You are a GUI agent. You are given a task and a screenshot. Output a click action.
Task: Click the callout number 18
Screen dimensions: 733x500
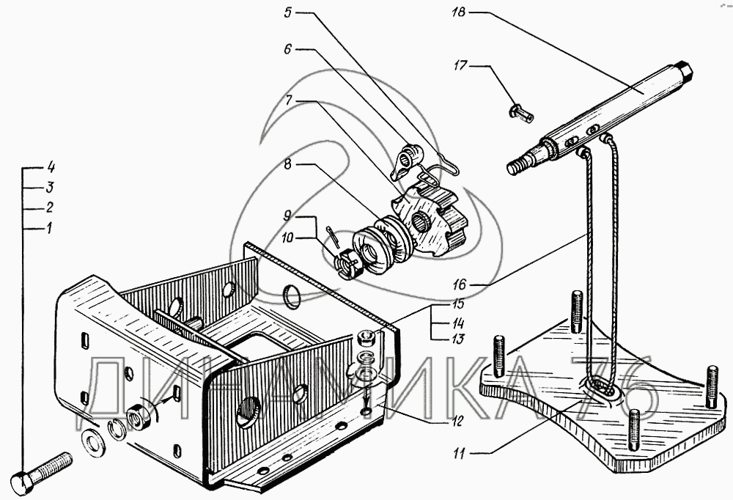[x=459, y=12]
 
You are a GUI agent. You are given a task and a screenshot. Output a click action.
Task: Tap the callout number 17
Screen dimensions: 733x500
[x=460, y=65]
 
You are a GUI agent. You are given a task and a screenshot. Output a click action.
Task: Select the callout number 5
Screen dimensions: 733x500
[x=287, y=12]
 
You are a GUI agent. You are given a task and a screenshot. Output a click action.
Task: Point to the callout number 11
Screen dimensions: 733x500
[x=459, y=453]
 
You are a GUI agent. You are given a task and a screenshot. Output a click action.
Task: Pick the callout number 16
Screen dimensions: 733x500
[x=459, y=284]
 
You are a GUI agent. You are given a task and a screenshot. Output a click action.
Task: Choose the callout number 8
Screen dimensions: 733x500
[x=287, y=164]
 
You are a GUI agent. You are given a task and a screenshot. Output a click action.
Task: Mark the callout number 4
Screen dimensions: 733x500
[x=51, y=167]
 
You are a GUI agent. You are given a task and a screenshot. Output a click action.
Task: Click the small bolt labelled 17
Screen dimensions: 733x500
[x=520, y=113]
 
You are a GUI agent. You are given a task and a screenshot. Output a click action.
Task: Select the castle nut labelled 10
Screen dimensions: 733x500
[x=349, y=263]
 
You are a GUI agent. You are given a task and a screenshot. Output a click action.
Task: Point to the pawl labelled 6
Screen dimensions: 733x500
[x=407, y=160]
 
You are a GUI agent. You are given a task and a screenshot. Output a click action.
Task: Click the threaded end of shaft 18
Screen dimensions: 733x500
[x=520, y=164]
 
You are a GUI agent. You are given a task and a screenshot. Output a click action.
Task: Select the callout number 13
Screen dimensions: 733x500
[x=458, y=339]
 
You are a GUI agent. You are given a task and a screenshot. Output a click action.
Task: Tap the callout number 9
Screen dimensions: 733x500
[x=287, y=215]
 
